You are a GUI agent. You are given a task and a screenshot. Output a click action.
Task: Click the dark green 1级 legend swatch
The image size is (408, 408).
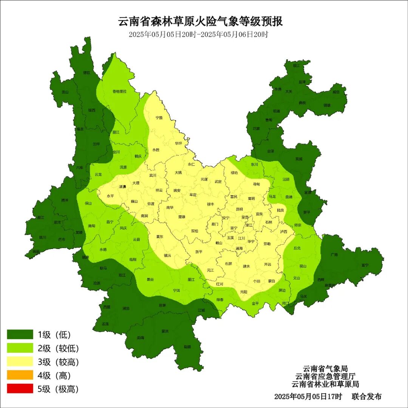pos(20,334)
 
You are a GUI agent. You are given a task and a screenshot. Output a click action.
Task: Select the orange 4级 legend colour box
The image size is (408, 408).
pos(20,376)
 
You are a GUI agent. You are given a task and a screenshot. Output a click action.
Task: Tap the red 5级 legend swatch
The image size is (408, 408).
pos(20,389)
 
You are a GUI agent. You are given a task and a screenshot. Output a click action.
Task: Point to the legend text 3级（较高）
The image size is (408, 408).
pos(58,362)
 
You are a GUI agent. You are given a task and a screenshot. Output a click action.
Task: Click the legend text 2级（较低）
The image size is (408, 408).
pos(58,348)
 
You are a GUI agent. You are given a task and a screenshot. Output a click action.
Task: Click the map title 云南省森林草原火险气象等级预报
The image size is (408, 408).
pos(201,21)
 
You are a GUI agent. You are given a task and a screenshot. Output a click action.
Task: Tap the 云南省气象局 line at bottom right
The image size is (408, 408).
pos(325,369)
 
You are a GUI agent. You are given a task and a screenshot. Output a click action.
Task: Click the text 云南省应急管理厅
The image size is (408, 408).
pos(325,376)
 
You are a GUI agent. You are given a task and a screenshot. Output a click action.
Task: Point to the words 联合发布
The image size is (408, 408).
pos(366,397)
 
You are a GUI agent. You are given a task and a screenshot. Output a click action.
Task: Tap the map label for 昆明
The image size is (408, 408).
pos(239,209)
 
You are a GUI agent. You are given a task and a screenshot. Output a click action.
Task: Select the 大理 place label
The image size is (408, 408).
pos(136,183)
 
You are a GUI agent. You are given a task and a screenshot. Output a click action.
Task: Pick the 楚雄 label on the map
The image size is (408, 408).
pos(182,217)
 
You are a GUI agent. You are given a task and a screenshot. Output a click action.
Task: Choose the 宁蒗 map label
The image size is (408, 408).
pos(159,117)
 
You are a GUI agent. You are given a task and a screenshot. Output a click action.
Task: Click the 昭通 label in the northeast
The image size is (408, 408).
pos(277,111)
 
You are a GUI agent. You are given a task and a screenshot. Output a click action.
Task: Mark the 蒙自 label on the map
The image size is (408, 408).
pos(272,281)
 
